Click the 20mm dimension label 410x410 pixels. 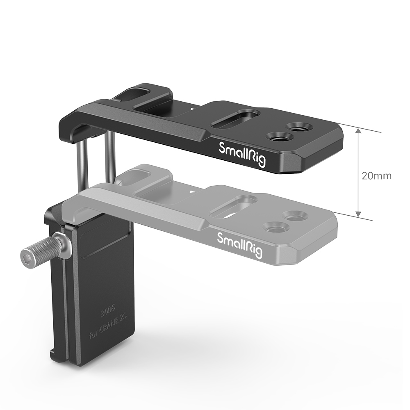(x=376, y=176)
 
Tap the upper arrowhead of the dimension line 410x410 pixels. (x=358, y=131)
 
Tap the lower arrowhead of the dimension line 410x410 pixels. (x=358, y=214)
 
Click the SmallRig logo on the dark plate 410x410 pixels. (x=242, y=154)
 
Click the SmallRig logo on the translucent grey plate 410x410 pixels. (x=239, y=244)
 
